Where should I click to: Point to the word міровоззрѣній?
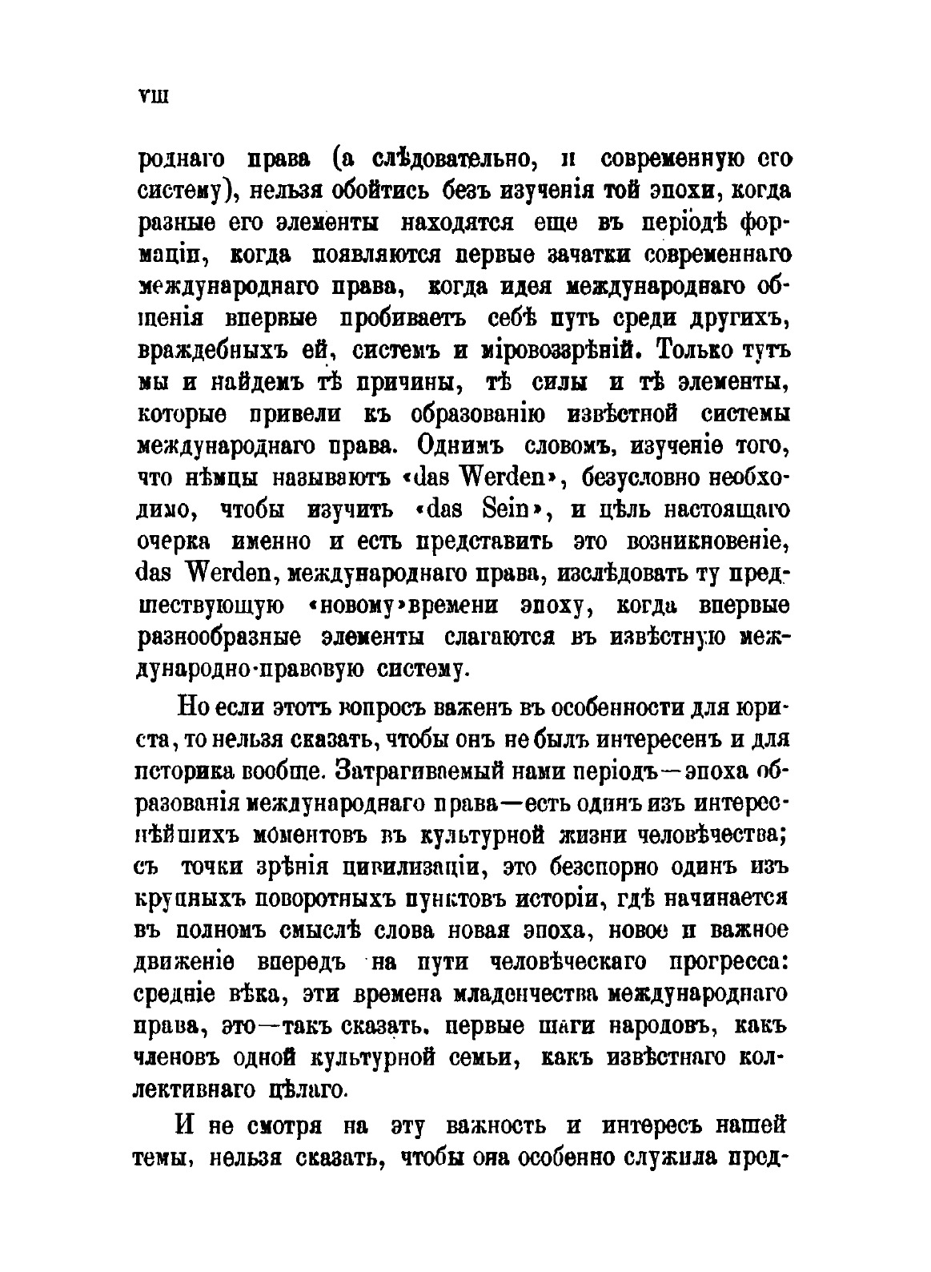[x=555, y=350]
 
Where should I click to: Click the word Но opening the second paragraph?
[x=194, y=709]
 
